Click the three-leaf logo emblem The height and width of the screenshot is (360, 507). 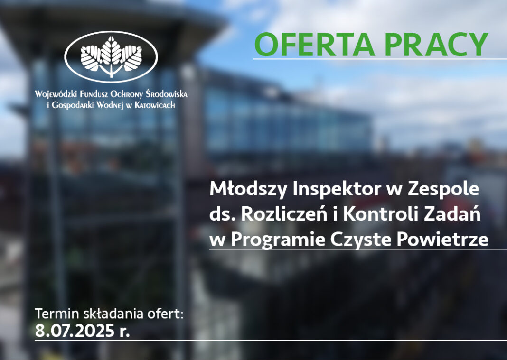[111, 56]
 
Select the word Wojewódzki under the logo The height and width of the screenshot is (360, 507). [56, 94]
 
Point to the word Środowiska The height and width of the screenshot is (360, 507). [166, 94]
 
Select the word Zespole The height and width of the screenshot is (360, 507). [443, 189]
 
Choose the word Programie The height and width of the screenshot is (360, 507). [278, 240]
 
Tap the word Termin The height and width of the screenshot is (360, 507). [57, 314]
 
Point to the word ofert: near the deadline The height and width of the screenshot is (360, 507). [165, 314]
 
